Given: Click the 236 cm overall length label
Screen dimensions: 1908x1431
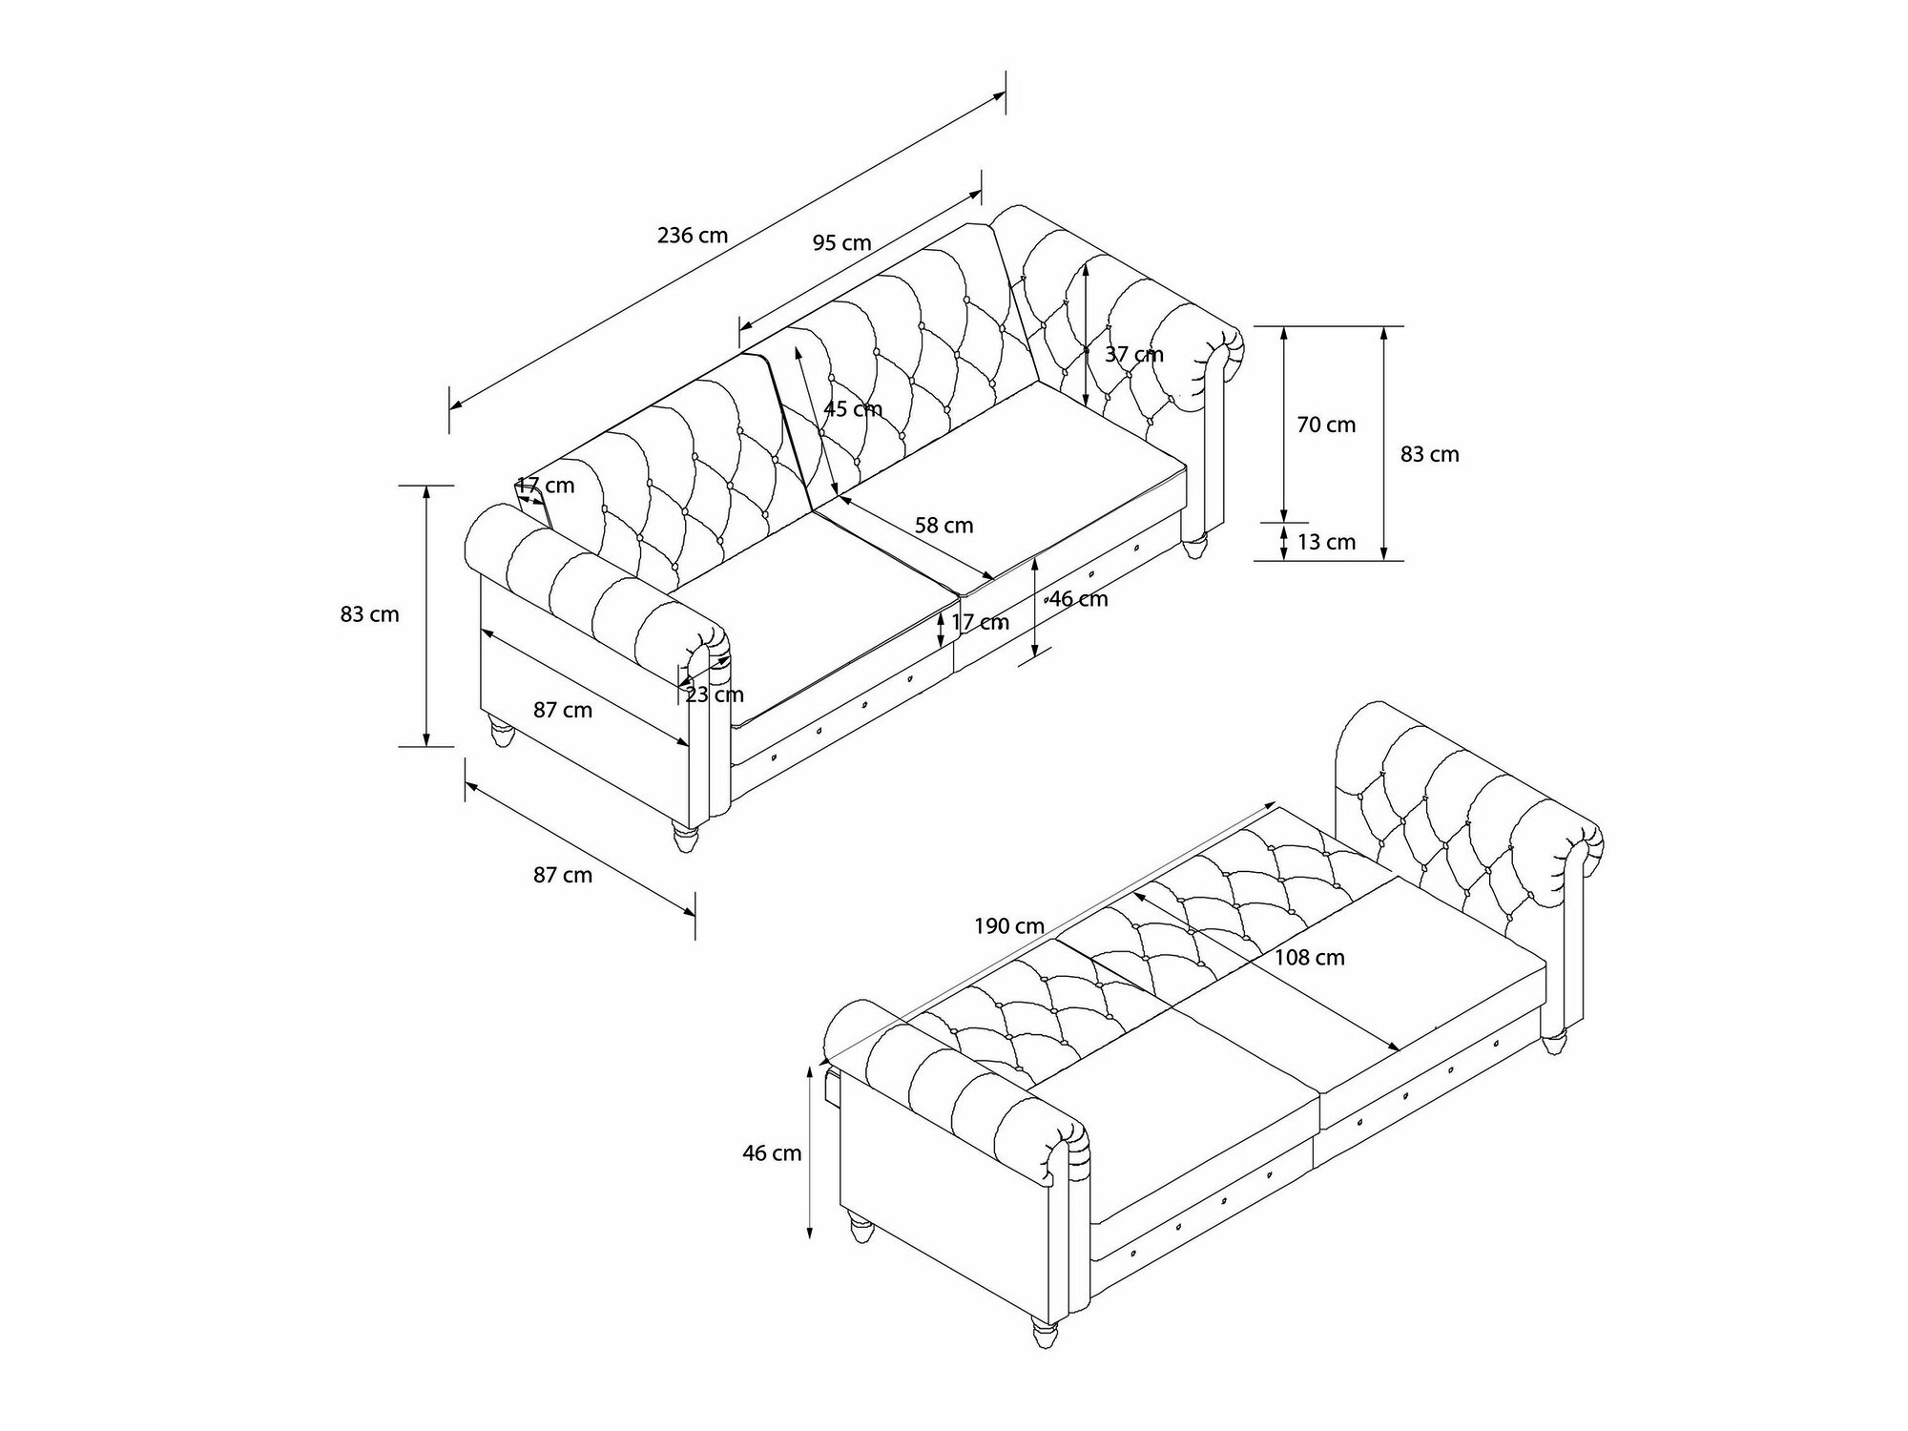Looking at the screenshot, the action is point(693,235).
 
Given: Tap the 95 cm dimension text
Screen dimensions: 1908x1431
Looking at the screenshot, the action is point(842,242).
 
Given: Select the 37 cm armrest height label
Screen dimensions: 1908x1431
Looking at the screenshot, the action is point(1134,354).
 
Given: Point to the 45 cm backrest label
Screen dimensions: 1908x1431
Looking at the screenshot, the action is point(853,408).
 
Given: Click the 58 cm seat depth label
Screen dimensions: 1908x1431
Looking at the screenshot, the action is point(944,525).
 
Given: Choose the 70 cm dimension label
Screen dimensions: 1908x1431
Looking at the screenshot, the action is point(1326,425).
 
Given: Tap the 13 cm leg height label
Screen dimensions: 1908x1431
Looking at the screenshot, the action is point(1326,542).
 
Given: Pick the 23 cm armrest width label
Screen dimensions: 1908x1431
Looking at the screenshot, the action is point(715,695).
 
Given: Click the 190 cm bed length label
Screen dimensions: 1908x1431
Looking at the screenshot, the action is point(1009,925).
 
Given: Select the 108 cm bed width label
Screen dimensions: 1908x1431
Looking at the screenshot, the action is point(1310,958).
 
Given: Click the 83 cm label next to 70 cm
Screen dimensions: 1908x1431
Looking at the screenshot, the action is point(1430,454).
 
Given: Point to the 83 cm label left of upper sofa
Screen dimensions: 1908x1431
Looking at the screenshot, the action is point(369,614).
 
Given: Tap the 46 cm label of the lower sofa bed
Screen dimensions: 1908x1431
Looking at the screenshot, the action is point(772,1153).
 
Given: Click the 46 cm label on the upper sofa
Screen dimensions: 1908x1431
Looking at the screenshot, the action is point(1079,599).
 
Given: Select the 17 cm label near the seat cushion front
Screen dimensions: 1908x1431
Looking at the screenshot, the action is point(980,622).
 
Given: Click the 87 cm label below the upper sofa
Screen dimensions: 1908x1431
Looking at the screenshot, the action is point(563,875).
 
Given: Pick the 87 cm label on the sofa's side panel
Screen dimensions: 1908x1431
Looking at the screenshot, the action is point(563,710).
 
